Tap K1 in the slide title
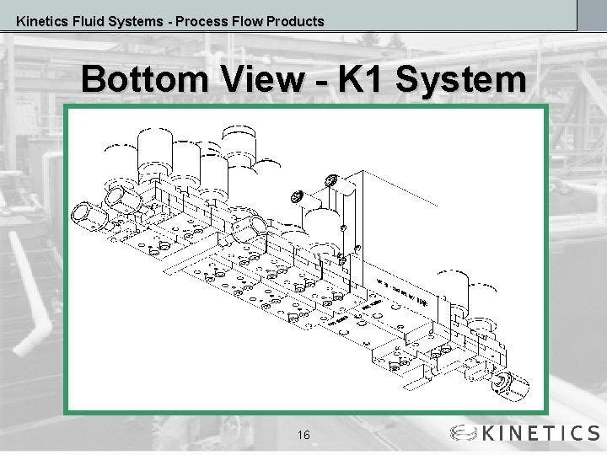tap(361, 80)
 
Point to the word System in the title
tap(460, 80)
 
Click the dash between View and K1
tap(320, 82)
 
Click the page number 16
tap(303, 435)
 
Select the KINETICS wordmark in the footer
tap(540, 434)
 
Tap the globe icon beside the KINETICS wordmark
tap(463, 434)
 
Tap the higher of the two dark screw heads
tap(330, 182)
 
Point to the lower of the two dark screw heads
tap(297, 196)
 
